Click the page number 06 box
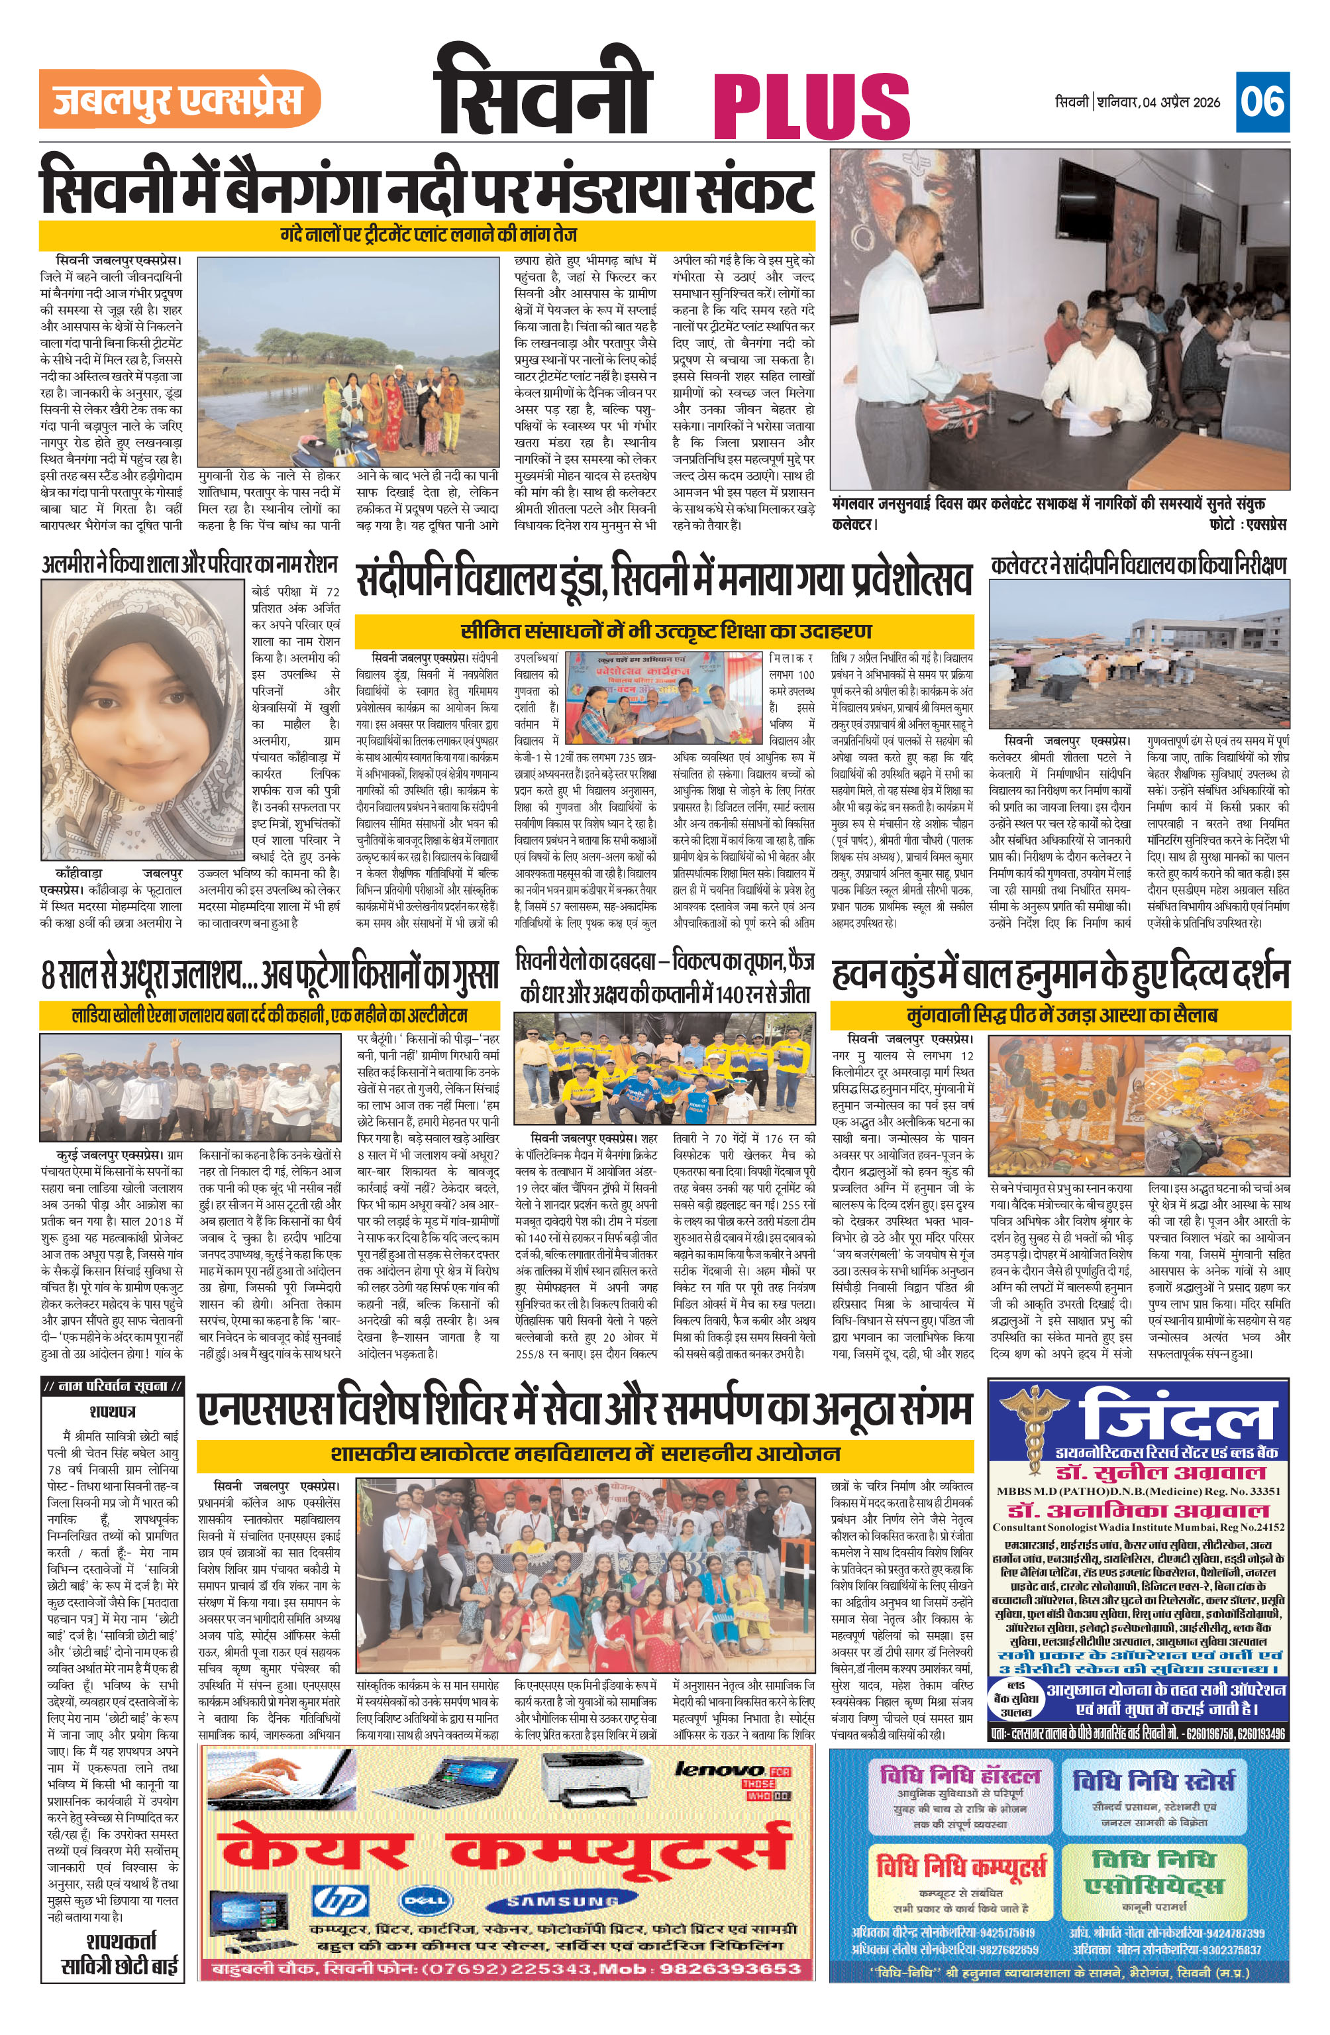pos(1262,102)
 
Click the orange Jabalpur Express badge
pos(179,99)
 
